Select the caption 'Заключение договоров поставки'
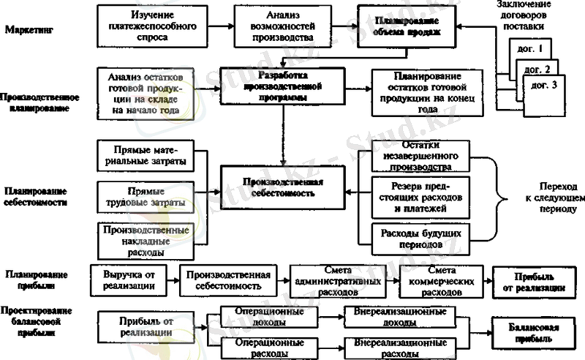point(533,18)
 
